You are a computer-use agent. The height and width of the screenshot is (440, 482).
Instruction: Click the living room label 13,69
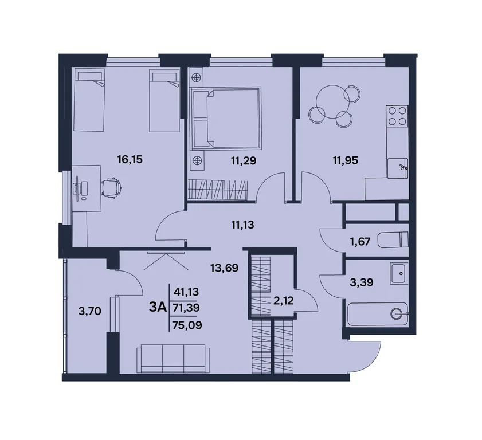click(x=225, y=267)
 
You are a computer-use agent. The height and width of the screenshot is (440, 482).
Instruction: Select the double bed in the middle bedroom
click(x=226, y=118)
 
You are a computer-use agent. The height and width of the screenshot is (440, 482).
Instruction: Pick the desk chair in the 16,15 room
click(x=111, y=186)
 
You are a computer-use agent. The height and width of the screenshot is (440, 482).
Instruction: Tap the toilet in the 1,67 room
click(x=396, y=238)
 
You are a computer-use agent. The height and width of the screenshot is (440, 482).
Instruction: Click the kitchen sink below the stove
click(x=396, y=167)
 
